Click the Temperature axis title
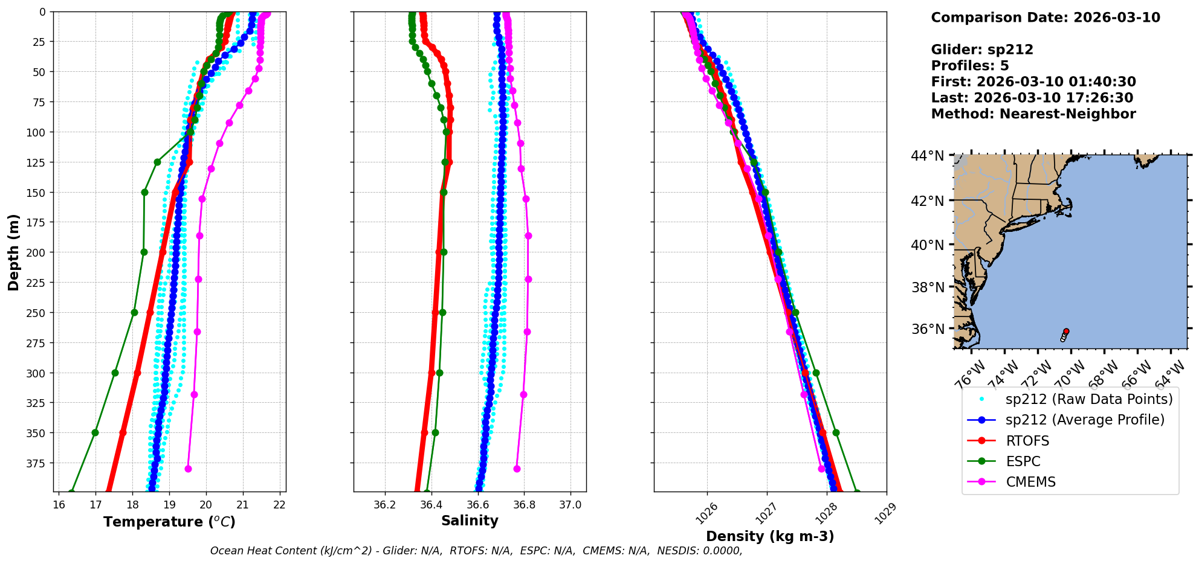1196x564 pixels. (169, 522)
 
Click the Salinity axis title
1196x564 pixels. (470, 521)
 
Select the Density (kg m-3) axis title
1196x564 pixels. (769, 536)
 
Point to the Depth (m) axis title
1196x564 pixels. (13, 252)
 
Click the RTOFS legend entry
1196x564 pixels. (1027, 441)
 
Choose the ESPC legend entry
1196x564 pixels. (1023, 461)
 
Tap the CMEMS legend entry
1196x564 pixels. (1030, 482)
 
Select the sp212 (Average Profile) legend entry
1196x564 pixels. (1084, 420)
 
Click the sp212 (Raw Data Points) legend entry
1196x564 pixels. (1088, 399)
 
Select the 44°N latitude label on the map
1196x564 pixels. (927, 156)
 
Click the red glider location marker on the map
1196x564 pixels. (1066, 331)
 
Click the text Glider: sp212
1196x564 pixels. (982, 50)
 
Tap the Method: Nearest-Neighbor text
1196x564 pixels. (1033, 114)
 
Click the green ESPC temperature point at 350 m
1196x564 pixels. (95, 432)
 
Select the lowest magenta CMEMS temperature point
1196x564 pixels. (188, 469)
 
